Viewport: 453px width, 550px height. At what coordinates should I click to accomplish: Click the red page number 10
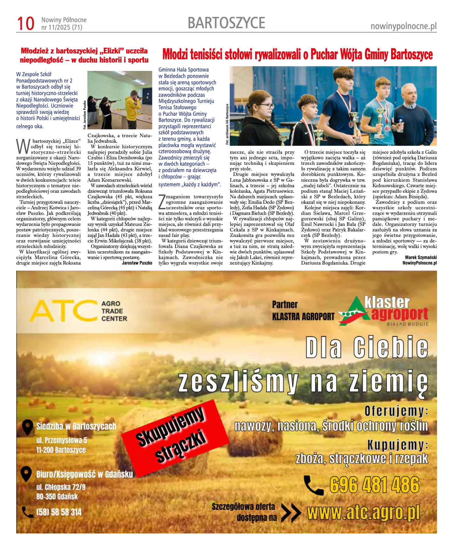pos(26,24)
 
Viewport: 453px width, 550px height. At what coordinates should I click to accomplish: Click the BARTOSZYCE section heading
pos(226,23)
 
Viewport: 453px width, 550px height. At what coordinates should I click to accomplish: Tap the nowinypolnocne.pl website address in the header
pos(403,26)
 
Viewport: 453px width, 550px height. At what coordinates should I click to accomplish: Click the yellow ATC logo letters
pos(63,311)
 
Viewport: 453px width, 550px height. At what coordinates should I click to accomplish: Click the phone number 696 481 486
pos(374,485)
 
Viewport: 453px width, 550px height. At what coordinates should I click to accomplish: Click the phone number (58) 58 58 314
pos(58,512)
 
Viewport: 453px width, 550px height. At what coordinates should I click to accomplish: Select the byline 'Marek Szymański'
pos(421,258)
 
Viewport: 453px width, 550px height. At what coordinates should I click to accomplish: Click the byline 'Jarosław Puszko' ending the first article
pos(137,263)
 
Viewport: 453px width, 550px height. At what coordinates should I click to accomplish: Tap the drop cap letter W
pos(23,147)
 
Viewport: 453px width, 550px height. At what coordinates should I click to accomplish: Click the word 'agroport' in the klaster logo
pos(399,314)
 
